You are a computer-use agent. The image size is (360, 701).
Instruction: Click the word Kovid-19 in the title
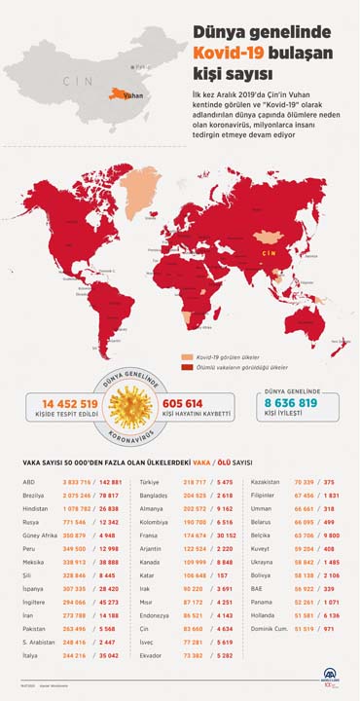(x=226, y=51)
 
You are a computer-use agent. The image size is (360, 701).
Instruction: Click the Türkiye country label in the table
(x=151, y=481)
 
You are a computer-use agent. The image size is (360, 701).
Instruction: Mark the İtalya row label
(x=29, y=657)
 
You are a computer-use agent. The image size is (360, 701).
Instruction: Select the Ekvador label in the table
(x=152, y=657)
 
